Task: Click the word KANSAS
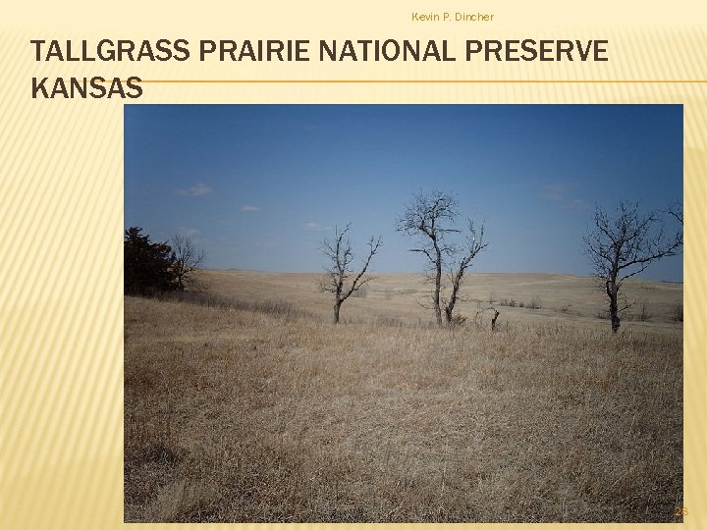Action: (86, 88)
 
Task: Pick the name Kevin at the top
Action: (425, 17)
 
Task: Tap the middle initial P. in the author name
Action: (446, 17)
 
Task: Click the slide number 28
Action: (681, 511)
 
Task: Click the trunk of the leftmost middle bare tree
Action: (338, 310)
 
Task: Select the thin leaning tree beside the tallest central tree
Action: (462, 275)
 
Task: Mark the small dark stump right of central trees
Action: (495, 320)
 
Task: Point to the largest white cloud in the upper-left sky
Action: (194, 189)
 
